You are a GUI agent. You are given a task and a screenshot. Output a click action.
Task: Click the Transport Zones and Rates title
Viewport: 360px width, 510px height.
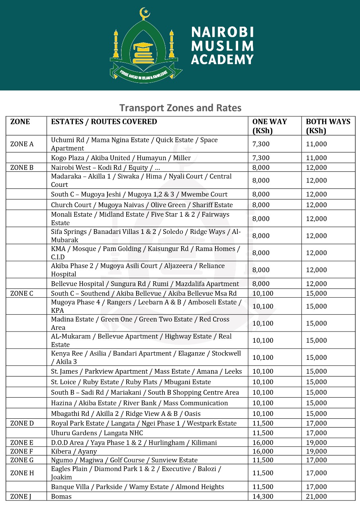click(x=180, y=108)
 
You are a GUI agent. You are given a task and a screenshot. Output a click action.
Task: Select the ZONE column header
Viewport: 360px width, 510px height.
click(x=20, y=122)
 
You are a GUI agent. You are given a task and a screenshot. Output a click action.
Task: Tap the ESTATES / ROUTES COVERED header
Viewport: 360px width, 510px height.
click(x=104, y=122)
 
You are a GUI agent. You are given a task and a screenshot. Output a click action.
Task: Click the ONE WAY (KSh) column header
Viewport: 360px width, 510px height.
click(x=270, y=126)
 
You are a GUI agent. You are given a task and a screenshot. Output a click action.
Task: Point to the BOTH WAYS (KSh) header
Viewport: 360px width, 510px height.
click(x=328, y=126)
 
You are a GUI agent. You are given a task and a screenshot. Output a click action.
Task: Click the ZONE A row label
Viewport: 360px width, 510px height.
click(x=22, y=144)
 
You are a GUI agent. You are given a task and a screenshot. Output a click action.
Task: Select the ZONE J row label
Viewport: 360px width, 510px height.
click(x=21, y=496)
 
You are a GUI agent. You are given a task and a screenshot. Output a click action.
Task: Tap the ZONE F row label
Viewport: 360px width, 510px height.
click(x=22, y=451)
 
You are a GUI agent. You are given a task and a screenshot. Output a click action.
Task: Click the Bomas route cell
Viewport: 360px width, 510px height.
click(x=61, y=496)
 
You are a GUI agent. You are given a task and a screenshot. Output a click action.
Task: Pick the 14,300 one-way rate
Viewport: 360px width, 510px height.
click(x=263, y=496)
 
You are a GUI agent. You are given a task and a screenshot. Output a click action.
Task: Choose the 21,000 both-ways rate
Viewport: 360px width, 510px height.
click(x=316, y=496)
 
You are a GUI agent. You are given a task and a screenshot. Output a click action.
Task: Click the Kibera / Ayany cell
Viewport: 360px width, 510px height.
click(x=74, y=451)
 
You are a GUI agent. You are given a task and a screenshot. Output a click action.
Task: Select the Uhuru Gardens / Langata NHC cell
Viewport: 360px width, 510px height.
click(x=97, y=433)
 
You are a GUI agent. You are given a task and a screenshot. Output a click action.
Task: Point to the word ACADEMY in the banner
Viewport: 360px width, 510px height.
click(x=222, y=60)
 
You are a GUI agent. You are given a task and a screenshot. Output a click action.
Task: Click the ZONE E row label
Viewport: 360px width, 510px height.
click(x=22, y=443)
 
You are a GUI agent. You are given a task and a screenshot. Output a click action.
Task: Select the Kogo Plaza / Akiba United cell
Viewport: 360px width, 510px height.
click(x=121, y=158)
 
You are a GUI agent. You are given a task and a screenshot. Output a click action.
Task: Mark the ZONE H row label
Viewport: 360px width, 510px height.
click(x=22, y=473)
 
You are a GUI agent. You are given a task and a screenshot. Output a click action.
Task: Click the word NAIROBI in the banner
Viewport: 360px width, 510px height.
click(x=222, y=32)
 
